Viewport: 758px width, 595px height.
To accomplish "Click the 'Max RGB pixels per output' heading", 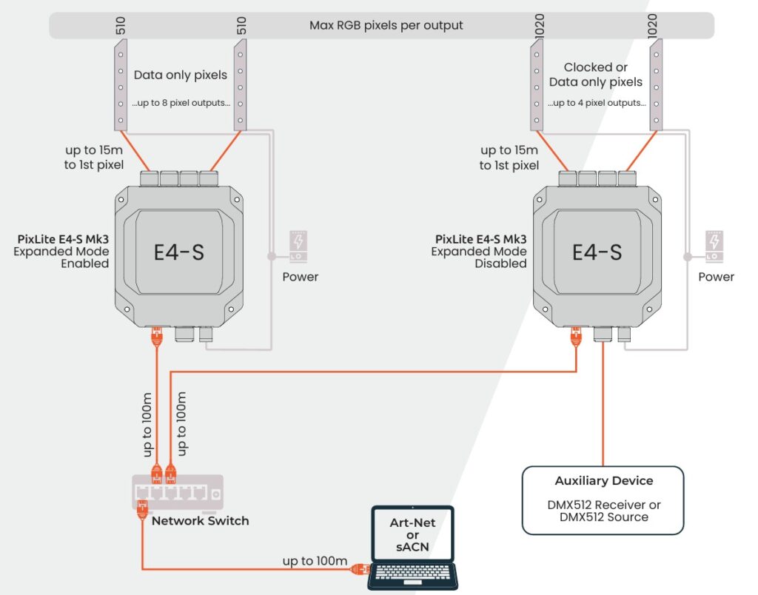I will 386,25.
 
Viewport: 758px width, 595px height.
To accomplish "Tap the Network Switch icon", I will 177,492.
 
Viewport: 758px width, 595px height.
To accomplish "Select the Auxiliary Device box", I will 603,500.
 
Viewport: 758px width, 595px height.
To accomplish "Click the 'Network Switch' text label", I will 200,521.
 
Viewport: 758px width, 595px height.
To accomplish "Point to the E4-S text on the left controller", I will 178,252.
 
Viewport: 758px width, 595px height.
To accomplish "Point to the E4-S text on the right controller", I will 597,252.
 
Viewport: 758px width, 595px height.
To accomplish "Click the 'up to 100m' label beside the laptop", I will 315,561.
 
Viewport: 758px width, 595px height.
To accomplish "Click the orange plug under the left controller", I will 156,337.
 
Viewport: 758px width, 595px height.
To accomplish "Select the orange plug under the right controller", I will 575,337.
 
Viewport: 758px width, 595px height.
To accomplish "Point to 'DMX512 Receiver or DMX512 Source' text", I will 603,511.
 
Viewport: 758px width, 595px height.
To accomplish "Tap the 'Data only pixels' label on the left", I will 181,75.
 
